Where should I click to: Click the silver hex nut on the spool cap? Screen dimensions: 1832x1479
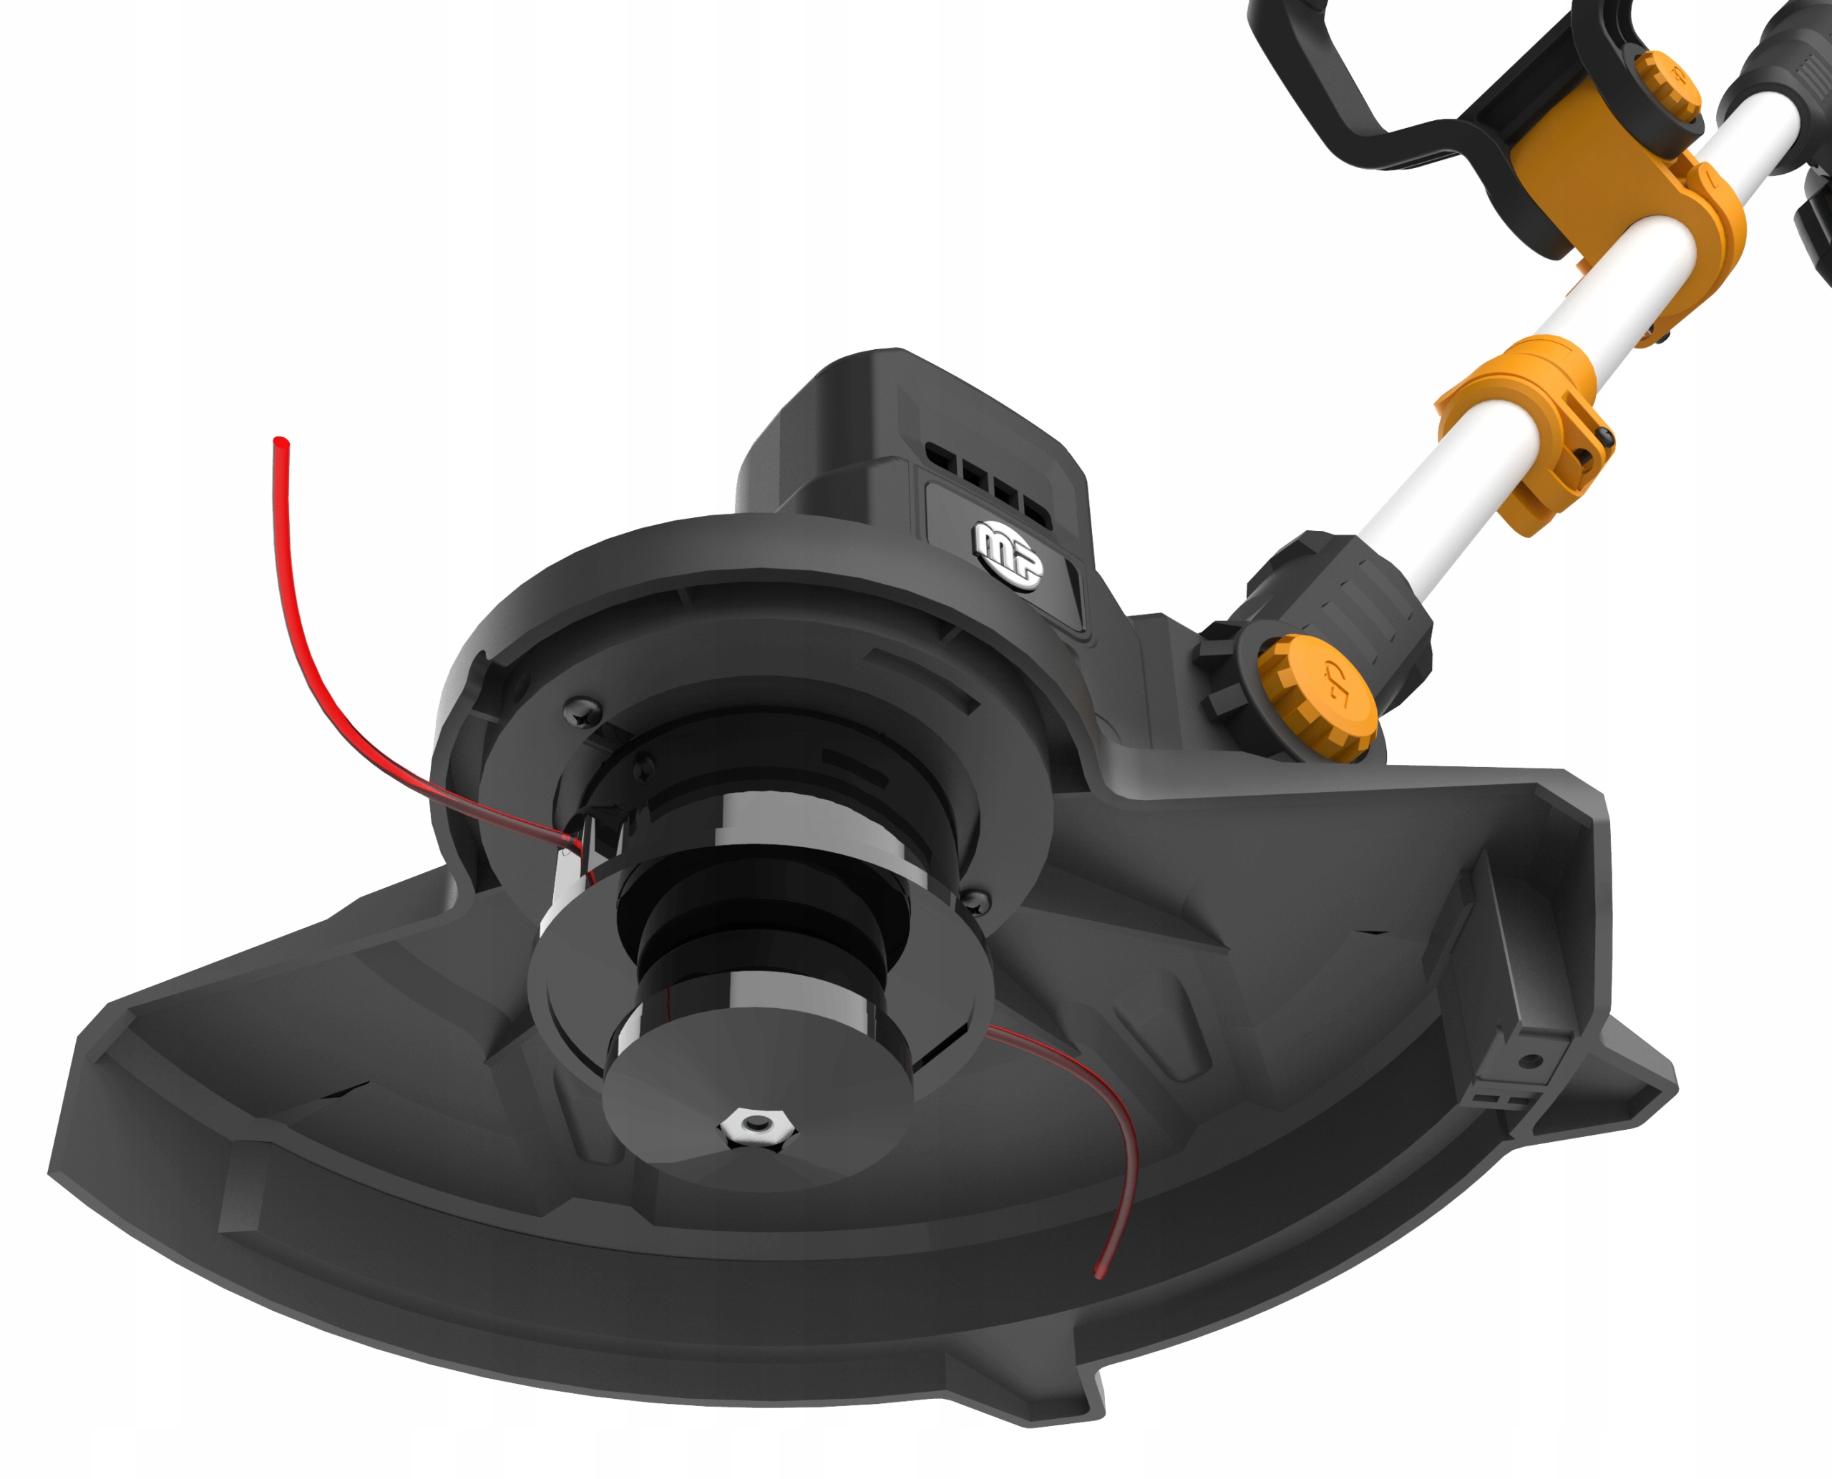pyautogui.click(x=756, y=1130)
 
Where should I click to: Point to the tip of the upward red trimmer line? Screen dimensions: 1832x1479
pyautogui.click(x=281, y=442)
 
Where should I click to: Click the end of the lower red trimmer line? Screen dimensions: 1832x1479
pyautogui.click(x=1100, y=1274)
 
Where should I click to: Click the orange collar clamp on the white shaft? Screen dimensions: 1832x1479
pyautogui.click(x=1525, y=430)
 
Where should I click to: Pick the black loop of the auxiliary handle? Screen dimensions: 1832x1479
pyautogui.click(x=1380, y=94)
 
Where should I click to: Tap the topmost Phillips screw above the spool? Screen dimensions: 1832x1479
pyautogui.click(x=584, y=710)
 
